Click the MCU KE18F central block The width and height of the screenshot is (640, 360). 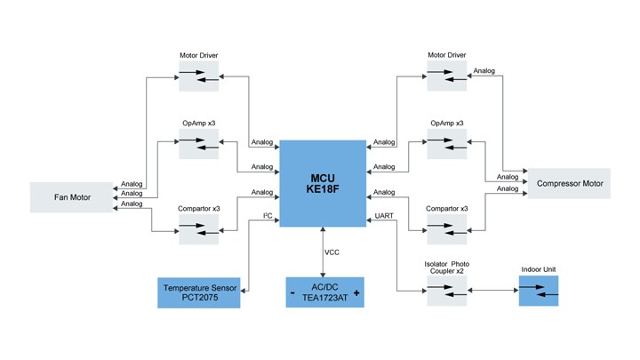click(x=323, y=182)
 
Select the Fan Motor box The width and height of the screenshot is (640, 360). click(x=73, y=196)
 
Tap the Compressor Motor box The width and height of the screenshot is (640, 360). click(x=569, y=184)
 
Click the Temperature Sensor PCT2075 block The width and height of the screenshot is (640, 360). click(x=199, y=292)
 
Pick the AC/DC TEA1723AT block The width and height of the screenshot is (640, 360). click(x=324, y=292)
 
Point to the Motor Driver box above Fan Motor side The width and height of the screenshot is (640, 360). click(x=198, y=77)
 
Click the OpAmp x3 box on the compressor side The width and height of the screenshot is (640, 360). click(x=446, y=144)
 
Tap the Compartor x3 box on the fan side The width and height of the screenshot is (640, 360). click(x=198, y=230)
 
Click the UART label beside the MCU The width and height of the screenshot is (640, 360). click(x=386, y=217)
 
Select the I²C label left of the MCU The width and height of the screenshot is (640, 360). click(x=266, y=217)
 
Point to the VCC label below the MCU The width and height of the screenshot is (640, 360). click(x=332, y=252)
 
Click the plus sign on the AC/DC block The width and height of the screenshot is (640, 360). click(x=356, y=292)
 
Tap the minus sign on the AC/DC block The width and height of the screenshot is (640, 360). click(x=292, y=292)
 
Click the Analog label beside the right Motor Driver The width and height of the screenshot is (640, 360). click(x=484, y=71)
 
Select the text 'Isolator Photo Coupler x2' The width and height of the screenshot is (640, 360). click(x=446, y=268)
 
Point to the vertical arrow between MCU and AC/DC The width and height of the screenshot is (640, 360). click(x=323, y=252)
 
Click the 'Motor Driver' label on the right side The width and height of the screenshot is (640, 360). click(x=446, y=55)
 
